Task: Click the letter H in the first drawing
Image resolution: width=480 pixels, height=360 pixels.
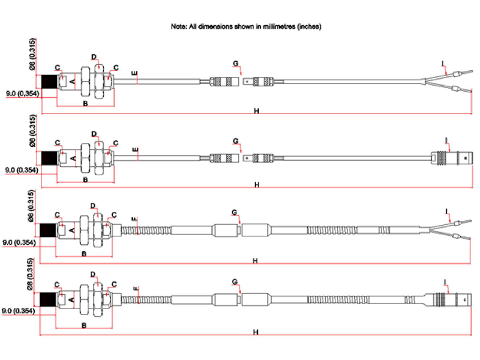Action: pos(256,111)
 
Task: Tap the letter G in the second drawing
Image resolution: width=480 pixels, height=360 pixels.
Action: pos(236,140)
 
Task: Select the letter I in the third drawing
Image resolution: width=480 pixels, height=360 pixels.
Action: pos(447,211)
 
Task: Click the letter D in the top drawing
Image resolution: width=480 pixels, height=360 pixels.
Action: pos(94,57)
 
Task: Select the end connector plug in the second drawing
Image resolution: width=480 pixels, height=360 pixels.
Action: pos(450,158)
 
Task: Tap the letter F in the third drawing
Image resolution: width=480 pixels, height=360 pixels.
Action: pos(136,220)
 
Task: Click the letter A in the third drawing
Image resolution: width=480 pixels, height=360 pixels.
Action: pos(72,230)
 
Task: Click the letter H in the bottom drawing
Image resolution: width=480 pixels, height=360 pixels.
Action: pos(256,331)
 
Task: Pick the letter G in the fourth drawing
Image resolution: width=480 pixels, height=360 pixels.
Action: pos(235,281)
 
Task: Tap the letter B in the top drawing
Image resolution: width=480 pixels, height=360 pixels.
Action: pos(85,104)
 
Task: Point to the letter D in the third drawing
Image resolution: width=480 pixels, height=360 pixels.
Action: pos(93,206)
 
